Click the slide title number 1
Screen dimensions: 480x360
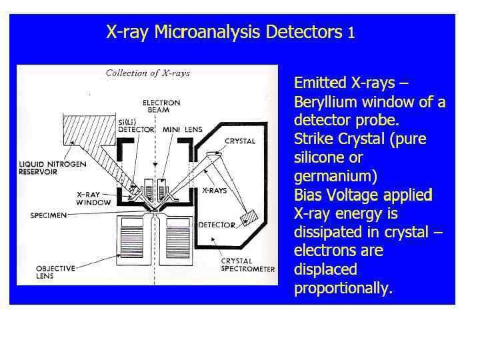tap(351, 33)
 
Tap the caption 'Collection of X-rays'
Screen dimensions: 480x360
tap(148, 73)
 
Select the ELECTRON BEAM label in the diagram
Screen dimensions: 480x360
tap(161, 106)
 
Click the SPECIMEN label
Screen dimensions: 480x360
tap(48, 215)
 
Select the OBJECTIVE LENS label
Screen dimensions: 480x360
tap(55, 271)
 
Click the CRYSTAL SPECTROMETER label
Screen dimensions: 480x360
tap(247, 265)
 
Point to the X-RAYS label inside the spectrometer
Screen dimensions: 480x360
tap(213, 190)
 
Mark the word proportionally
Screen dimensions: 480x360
tap(343, 289)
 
